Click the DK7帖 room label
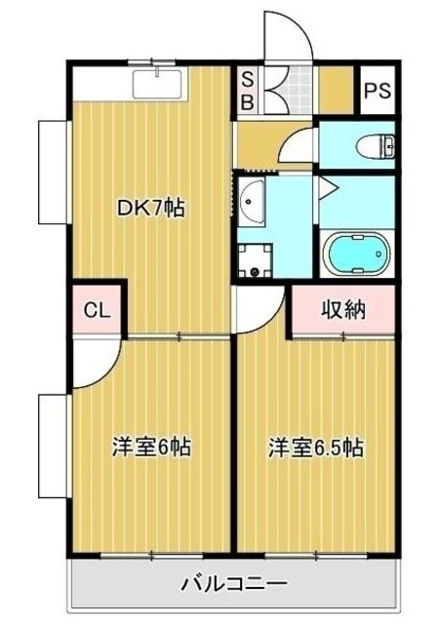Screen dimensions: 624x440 click(151, 208)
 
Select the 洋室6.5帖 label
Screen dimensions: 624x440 click(316, 448)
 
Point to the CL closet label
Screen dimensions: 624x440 click(95, 311)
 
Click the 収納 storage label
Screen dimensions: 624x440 click(343, 311)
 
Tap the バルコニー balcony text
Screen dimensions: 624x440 click(233, 585)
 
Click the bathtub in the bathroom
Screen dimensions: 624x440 click(356, 255)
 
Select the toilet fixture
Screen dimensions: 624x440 click(375, 146)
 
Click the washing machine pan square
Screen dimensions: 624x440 click(258, 255)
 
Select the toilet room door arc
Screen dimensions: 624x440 click(297, 146)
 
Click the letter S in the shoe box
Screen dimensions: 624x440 click(247, 79)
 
